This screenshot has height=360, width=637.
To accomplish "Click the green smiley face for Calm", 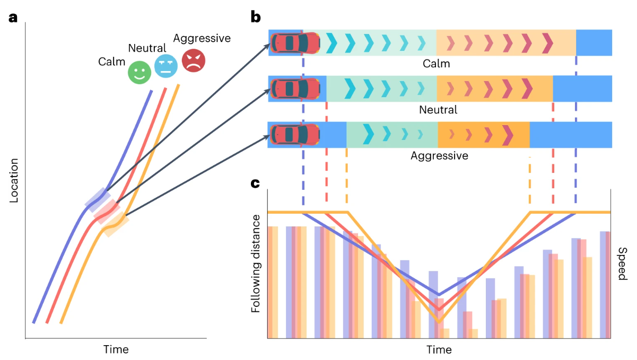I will tap(139, 73).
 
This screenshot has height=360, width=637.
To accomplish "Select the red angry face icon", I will tap(194, 60).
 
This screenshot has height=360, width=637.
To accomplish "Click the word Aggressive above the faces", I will tap(202, 38).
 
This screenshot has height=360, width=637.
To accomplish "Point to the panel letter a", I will tap(13, 17).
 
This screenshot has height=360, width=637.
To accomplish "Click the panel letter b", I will tap(256, 17).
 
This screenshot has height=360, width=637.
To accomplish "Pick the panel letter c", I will tap(255, 183).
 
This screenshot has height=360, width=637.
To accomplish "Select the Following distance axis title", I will tap(256, 263).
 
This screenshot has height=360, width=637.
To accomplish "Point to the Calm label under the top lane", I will tap(436, 64).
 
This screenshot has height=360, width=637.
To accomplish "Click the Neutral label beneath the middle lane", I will tap(438, 110).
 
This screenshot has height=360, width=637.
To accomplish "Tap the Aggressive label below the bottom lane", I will tap(439, 156).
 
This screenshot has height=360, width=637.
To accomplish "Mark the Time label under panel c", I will tap(439, 350).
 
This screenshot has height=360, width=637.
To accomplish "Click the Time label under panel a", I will tap(116, 349).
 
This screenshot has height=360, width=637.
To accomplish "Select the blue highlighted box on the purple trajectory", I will tap(98, 200).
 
